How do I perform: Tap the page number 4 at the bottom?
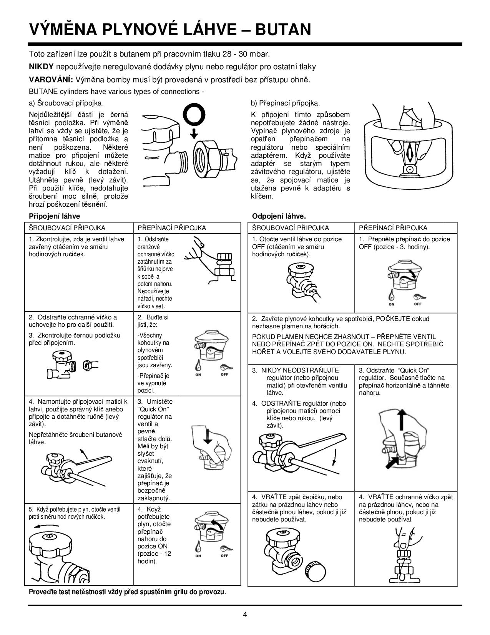245,614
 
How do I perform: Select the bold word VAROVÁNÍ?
51,80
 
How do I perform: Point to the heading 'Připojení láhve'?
55,216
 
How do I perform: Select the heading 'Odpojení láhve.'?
279,216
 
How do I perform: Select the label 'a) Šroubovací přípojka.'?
66,103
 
